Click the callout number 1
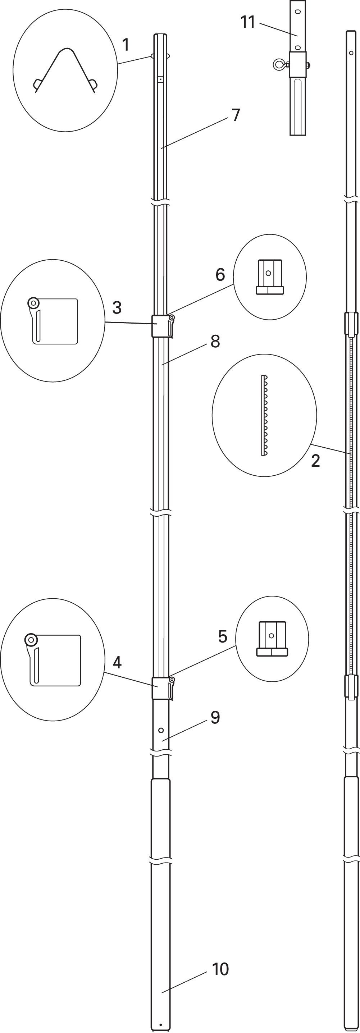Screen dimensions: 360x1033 coord(126,45)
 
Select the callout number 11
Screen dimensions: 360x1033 coord(248,22)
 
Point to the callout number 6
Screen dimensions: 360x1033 coord(220,275)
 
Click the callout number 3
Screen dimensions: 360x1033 coord(117,307)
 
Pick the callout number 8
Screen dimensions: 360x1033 coord(215,341)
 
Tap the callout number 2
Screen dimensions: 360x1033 coord(315,461)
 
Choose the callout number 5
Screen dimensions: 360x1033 coord(223,636)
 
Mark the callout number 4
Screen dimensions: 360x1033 coord(117,662)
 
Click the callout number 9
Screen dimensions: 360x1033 coord(215,717)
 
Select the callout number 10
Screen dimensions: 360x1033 coord(220,969)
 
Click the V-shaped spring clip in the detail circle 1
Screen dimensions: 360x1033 coord(65,70)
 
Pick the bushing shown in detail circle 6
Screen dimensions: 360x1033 coord(270,277)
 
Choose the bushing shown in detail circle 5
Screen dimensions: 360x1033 coord(272,639)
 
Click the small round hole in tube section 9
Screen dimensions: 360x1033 coord(161,730)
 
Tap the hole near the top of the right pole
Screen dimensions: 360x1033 coord(351,53)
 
